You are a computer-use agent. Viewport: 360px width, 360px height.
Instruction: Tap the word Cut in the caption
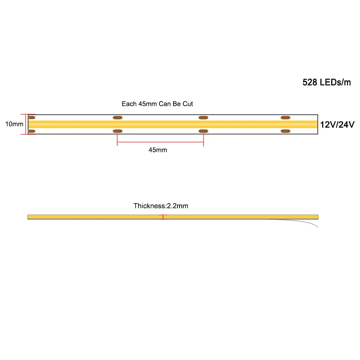(188, 104)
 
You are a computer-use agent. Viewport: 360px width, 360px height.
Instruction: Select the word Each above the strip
(129, 104)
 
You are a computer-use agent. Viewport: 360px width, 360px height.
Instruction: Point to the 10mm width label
(14, 124)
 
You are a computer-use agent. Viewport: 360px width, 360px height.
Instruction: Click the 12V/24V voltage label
(338, 125)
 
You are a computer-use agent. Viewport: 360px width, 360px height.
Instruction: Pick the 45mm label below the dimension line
(158, 150)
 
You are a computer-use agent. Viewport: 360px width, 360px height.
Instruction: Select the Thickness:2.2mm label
(161, 206)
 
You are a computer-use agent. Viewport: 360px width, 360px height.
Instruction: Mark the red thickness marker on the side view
(163, 217)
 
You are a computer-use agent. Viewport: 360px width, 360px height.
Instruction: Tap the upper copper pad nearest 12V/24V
(285, 117)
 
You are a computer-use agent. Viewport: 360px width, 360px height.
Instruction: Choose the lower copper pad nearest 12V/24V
(285, 131)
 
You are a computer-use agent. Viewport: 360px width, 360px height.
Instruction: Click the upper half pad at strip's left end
(32, 117)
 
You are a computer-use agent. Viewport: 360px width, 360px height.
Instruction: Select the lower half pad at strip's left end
(32, 131)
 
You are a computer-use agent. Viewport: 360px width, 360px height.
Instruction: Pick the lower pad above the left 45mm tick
(117, 131)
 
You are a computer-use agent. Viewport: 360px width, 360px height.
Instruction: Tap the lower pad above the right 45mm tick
(203, 131)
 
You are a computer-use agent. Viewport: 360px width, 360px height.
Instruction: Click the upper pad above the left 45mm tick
(117, 117)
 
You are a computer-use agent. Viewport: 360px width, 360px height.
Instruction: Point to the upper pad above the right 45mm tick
(203, 117)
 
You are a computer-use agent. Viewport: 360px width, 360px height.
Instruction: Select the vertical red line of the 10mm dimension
(26, 124)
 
